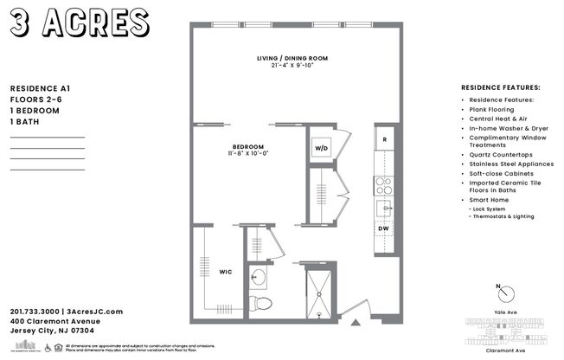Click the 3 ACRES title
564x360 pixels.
(x=80, y=21)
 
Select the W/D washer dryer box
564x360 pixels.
(x=322, y=148)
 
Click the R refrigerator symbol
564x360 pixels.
(x=383, y=140)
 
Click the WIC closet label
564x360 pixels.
(x=224, y=273)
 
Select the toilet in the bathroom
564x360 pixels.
(x=260, y=303)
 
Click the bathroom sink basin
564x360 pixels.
(x=259, y=277)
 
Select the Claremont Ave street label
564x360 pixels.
(x=500, y=351)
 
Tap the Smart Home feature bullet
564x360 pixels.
(x=488, y=200)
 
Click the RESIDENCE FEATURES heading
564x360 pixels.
(x=500, y=87)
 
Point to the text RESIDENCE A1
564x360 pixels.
(x=39, y=88)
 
